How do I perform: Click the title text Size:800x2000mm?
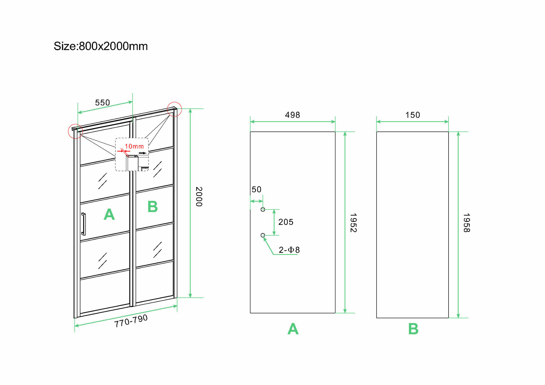point(101,46)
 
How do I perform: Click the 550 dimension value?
point(102,103)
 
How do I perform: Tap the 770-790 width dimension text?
point(131,321)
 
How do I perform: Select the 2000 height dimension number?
point(199,197)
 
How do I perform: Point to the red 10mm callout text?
point(134,146)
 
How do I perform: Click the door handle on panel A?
point(83,224)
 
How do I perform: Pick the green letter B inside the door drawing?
point(153,206)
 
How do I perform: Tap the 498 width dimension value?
point(292,115)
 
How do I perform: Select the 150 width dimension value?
point(413,115)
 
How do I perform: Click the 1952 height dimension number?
point(353,223)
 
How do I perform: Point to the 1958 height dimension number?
point(467,223)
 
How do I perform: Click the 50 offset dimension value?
point(256,190)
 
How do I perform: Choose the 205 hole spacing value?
point(286,222)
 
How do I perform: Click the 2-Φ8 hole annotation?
point(289,250)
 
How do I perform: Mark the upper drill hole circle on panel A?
point(263,209)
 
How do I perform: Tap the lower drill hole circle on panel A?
point(263,235)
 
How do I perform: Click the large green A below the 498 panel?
point(293,329)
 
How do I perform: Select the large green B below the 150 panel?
point(413,329)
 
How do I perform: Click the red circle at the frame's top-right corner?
point(174,109)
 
